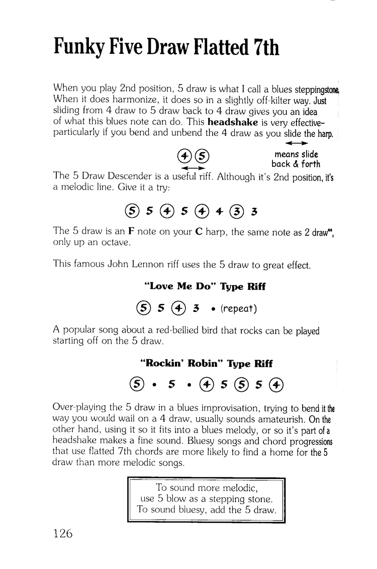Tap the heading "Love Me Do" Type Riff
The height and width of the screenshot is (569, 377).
tap(205, 286)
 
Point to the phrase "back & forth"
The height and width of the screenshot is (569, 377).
tap(296, 164)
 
